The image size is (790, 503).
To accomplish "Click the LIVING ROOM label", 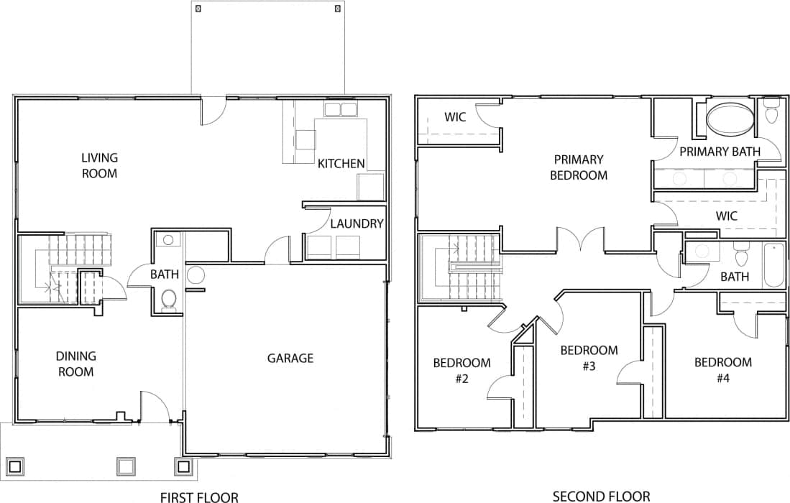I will [99, 165].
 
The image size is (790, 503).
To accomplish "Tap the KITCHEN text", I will [341, 164].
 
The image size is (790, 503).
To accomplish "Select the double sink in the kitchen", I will [341, 110].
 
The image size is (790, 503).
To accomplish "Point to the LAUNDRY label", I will [357, 223].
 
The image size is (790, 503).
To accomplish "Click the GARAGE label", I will [290, 358].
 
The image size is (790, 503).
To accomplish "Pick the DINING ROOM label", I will [76, 364].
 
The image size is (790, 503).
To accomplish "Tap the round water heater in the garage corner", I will [196, 274].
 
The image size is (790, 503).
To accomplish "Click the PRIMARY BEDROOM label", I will [578, 167].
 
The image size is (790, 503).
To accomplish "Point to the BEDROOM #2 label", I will [461, 370].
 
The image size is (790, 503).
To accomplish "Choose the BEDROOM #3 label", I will [589, 357].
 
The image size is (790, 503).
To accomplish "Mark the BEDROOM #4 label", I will [722, 369].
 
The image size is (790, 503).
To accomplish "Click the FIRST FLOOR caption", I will [198, 496].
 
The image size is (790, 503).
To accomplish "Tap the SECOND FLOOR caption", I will [601, 496].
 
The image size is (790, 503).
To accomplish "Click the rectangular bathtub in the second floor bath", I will [773, 265].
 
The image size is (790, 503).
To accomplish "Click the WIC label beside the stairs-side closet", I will [454, 116].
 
